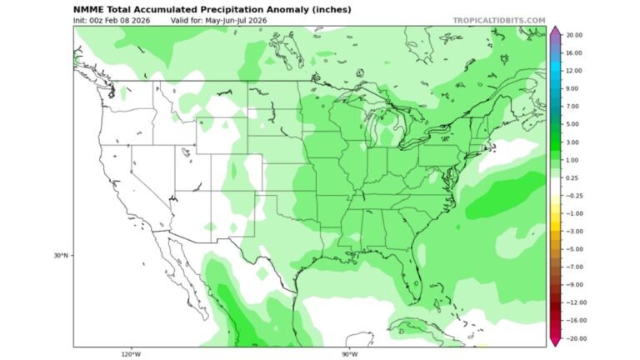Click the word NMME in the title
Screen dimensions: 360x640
click(87, 8)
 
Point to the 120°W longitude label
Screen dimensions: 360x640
click(131, 353)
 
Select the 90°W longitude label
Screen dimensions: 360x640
click(350, 353)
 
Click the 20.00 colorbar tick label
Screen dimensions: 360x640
click(573, 35)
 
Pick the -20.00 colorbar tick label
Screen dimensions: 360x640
click(574, 338)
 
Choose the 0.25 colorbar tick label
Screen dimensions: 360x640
click(572, 177)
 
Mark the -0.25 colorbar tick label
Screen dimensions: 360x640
click(573, 196)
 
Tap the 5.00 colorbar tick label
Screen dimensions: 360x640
click(572, 124)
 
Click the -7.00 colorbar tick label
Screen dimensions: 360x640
click(573, 267)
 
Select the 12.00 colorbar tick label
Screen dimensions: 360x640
click(573, 71)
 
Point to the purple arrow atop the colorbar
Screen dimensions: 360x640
click(554, 31)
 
